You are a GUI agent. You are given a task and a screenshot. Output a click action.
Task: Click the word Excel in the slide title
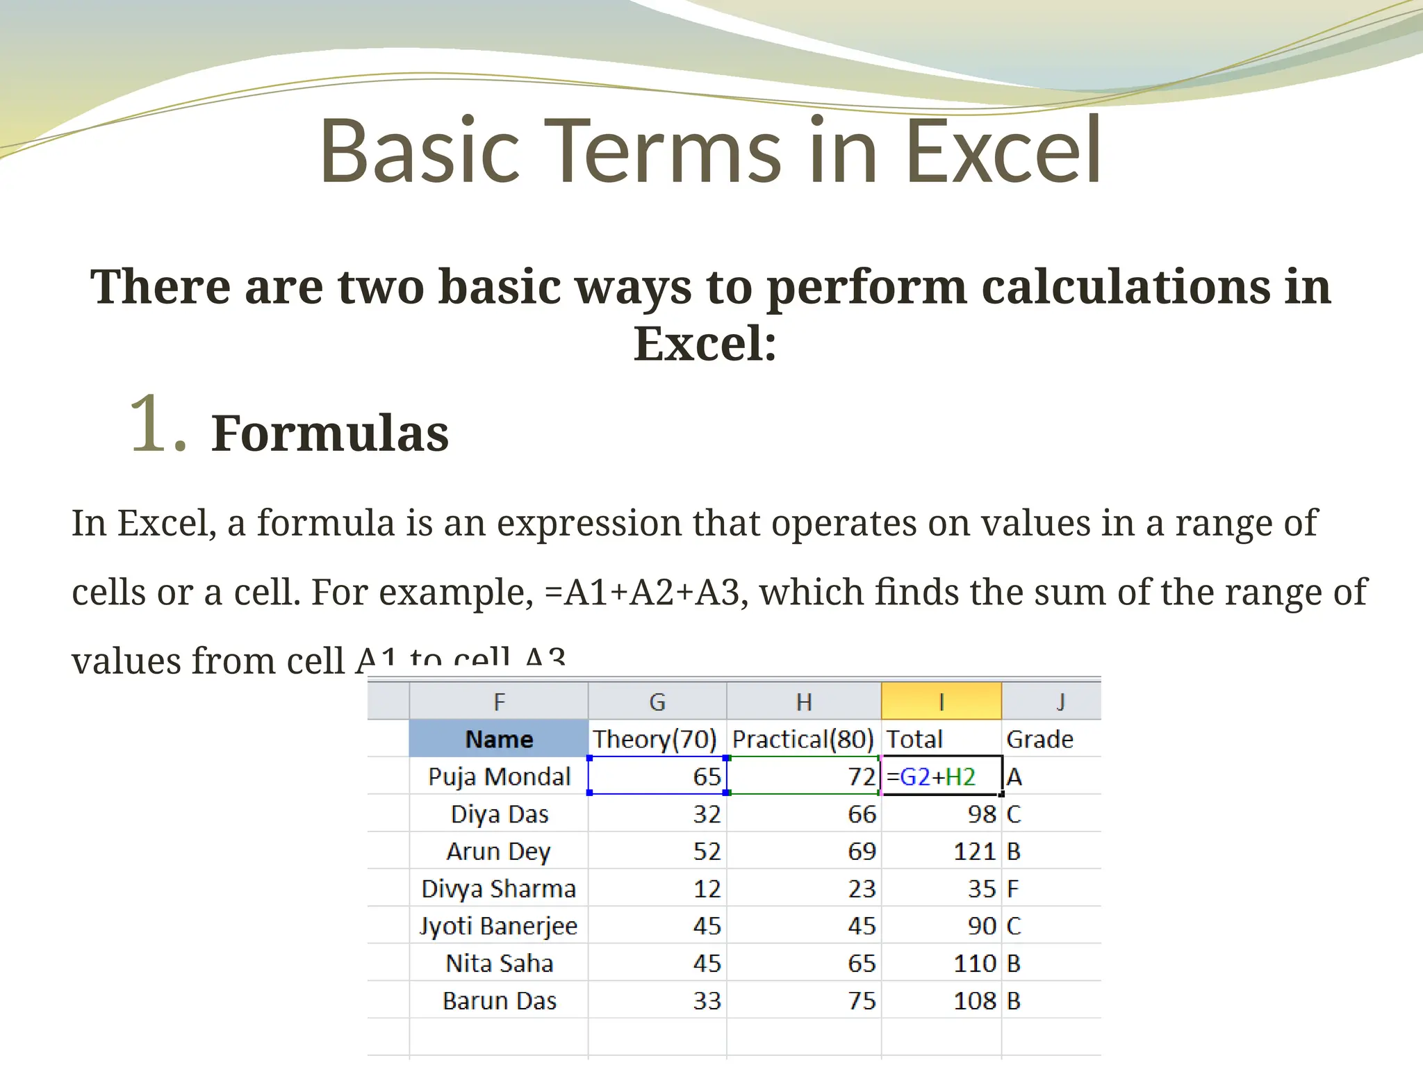(1003, 151)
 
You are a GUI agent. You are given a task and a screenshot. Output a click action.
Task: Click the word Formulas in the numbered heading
(330, 433)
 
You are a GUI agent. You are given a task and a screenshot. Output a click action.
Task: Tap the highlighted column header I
(941, 702)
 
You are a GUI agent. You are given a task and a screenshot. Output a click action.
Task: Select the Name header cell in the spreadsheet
(499, 739)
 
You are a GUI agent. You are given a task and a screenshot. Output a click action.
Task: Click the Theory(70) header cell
(655, 739)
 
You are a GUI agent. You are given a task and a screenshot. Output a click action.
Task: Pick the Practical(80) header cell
(803, 739)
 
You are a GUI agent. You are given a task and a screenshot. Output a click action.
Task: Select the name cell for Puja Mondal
(499, 777)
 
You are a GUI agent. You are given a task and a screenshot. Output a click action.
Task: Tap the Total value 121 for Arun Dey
(975, 852)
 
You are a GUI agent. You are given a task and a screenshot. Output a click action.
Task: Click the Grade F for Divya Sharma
(1013, 889)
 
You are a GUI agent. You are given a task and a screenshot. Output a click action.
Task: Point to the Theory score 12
(707, 889)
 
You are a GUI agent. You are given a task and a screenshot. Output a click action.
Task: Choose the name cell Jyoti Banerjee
(499, 927)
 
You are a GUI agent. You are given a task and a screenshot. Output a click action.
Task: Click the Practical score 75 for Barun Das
(862, 1001)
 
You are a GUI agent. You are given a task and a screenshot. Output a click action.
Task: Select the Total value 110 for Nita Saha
(975, 963)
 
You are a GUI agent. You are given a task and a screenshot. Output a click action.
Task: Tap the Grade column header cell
(1039, 739)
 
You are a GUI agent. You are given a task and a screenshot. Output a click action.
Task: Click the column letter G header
(657, 702)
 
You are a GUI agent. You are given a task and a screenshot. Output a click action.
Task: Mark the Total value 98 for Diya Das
(982, 814)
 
